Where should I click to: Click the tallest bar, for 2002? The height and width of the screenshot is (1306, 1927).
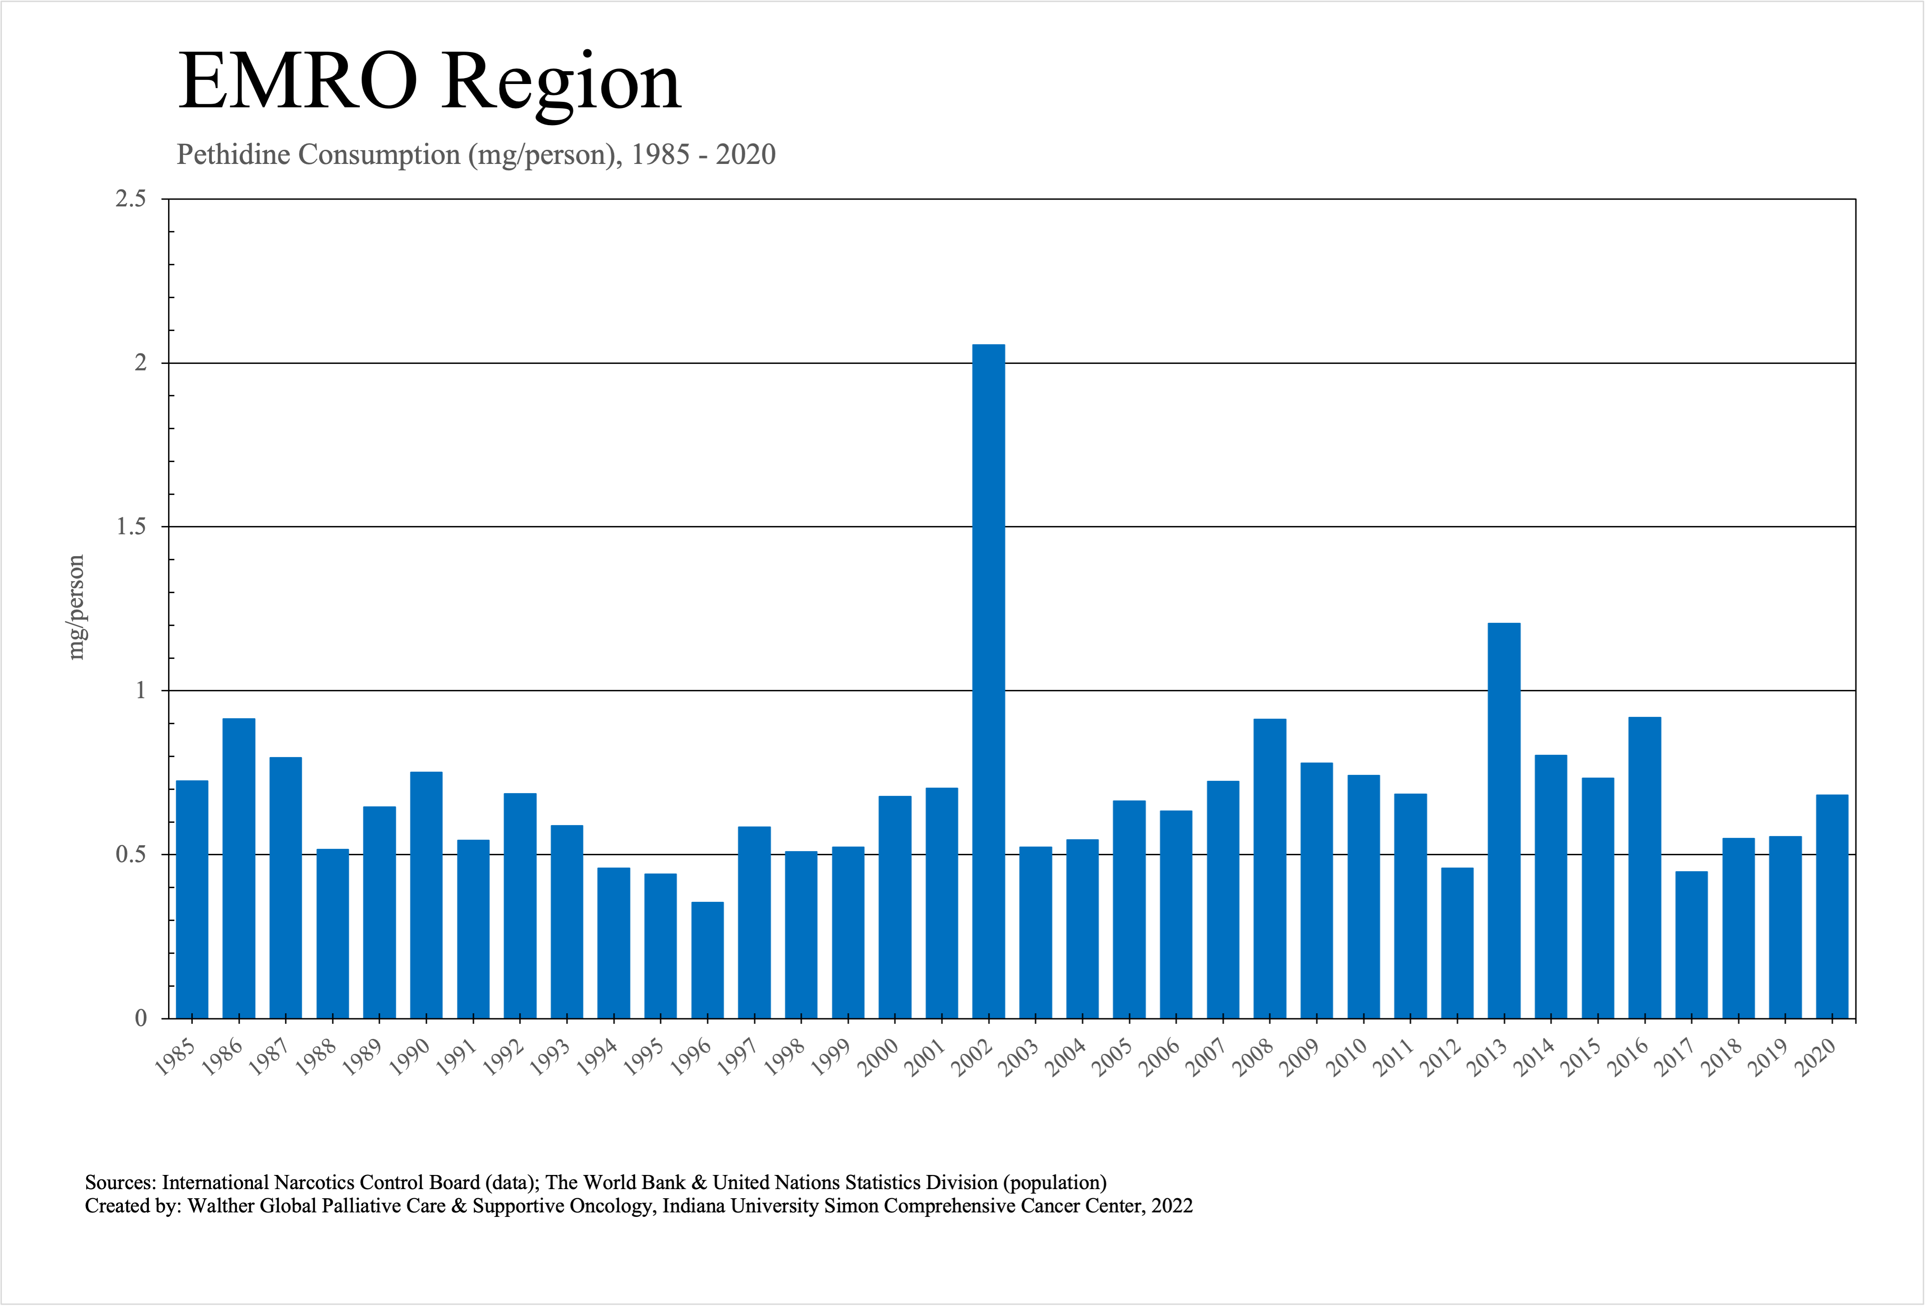point(988,680)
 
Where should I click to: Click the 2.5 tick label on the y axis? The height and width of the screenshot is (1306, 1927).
point(130,199)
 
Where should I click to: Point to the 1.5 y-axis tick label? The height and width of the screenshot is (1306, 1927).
point(130,527)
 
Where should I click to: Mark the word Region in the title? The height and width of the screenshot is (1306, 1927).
point(561,83)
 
